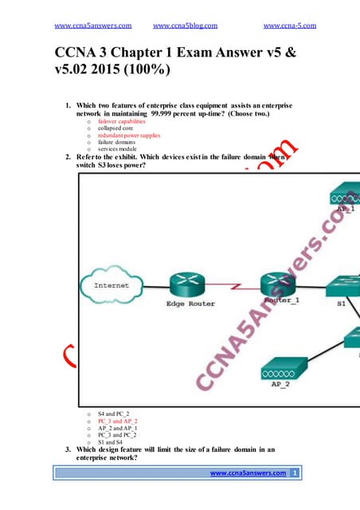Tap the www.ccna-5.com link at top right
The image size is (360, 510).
click(x=289, y=25)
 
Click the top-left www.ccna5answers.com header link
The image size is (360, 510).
click(x=92, y=25)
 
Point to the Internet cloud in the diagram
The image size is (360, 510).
click(x=112, y=284)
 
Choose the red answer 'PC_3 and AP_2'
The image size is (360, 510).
click(x=117, y=421)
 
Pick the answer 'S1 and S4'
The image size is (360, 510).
click(x=111, y=442)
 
